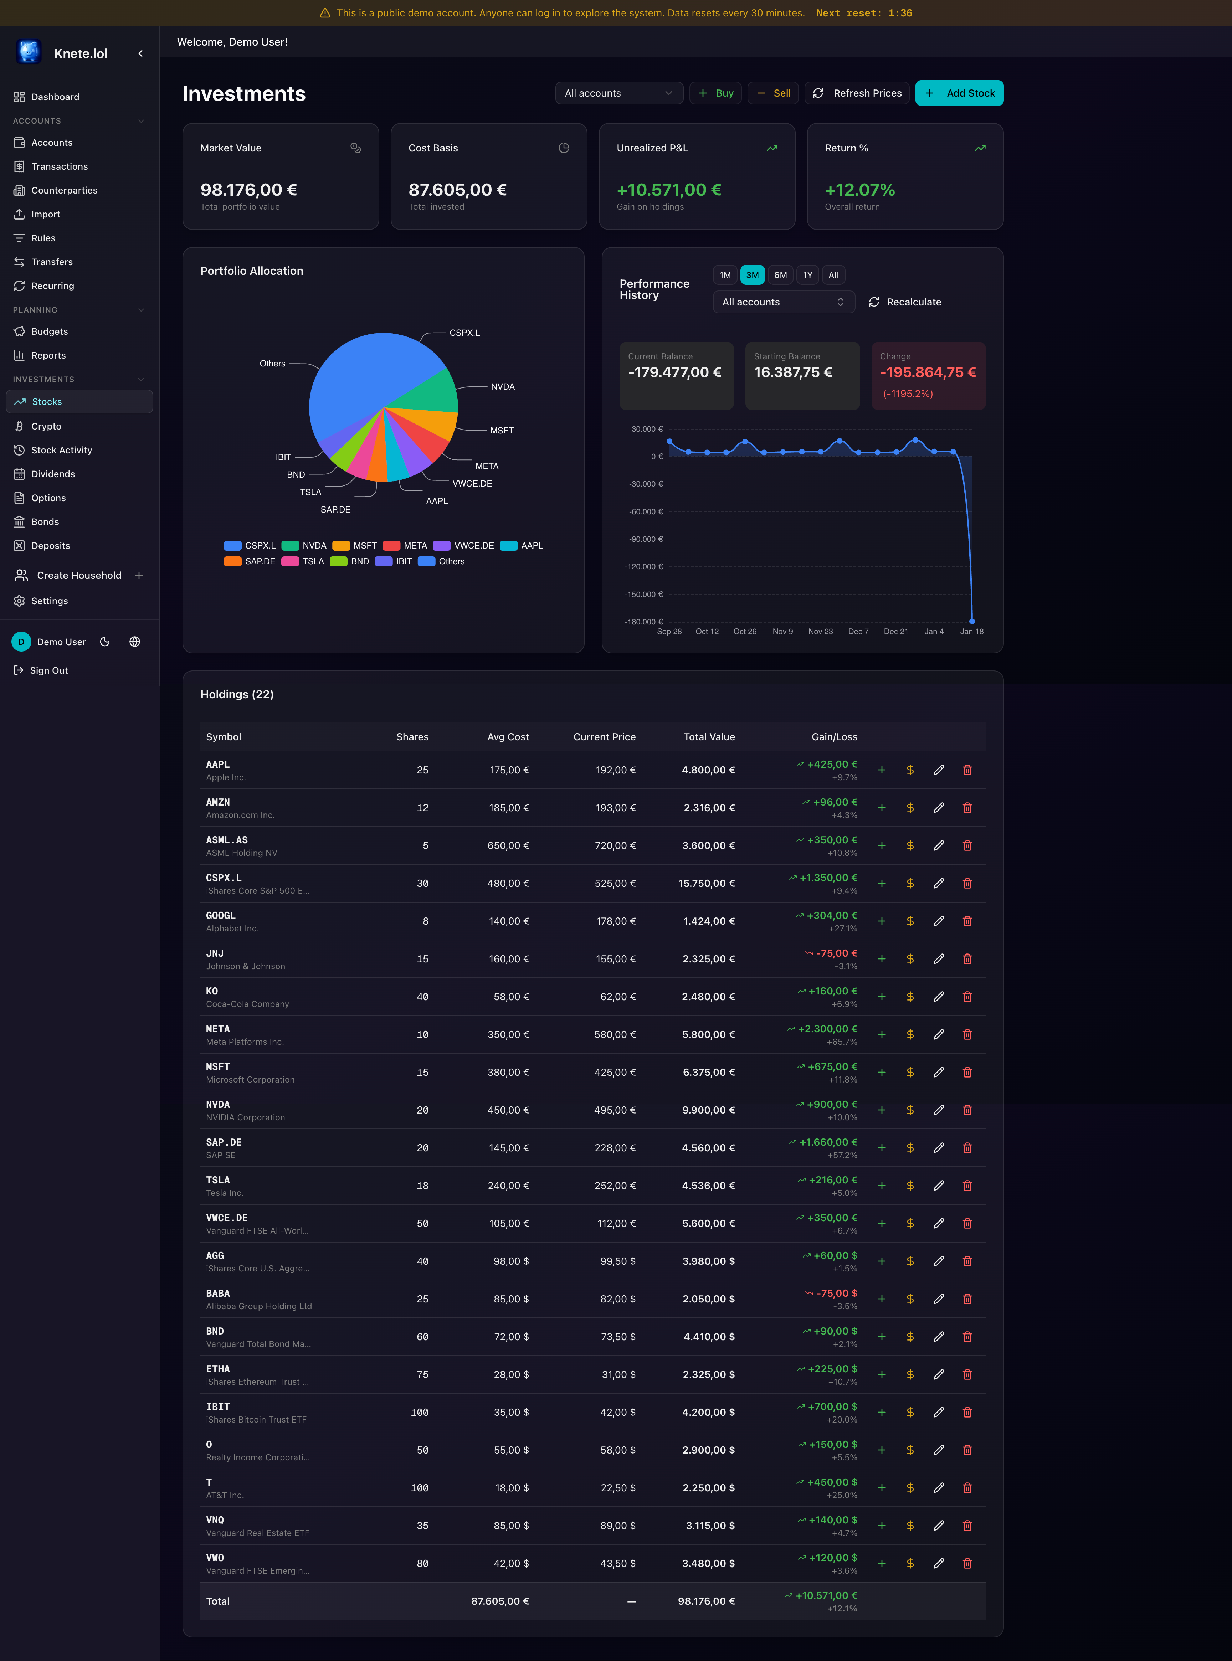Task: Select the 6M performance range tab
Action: [x=780, y=275]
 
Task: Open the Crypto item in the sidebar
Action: [x=46, y=426]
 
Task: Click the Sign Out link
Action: [x=48, y=670]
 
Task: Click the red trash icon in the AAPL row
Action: [x=967, y=770]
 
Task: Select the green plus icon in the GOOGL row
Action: [x=882, y=921]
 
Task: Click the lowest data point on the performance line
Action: [x=972, y=621]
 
